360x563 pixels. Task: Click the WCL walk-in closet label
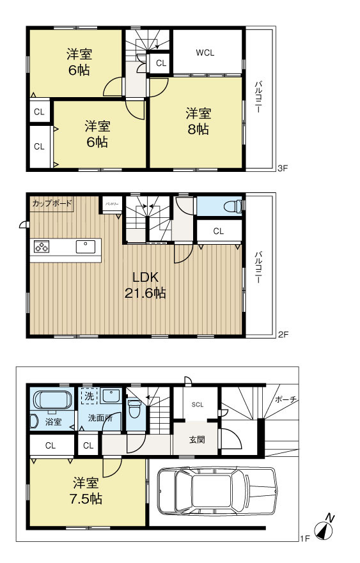pos(205,52)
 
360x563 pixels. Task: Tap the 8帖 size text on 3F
pos(198,129)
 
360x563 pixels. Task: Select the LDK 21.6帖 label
pos(145,285)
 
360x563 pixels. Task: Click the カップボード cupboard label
pos(52,204)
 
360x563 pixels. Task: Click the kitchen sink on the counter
pos(85,247)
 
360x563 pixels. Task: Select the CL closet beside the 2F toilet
pos(218,231)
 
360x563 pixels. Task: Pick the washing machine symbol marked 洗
pos(90,396)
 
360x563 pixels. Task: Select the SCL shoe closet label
pos(197,405)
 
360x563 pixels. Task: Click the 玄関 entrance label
pos(196,440)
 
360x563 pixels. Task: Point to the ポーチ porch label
pos(285,399)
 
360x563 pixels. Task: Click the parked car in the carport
pos(215,489)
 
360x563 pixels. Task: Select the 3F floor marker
pos(282,169)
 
